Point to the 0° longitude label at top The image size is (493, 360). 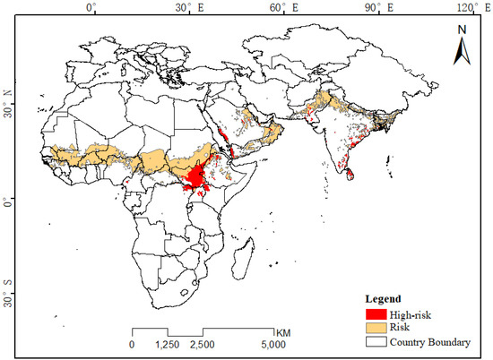click(91, 8)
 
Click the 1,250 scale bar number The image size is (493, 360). click(168, 344)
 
